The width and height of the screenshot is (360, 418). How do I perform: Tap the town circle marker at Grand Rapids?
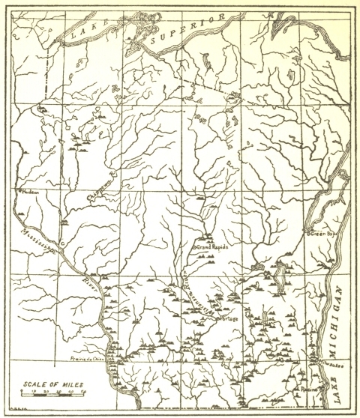pos(194,246)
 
